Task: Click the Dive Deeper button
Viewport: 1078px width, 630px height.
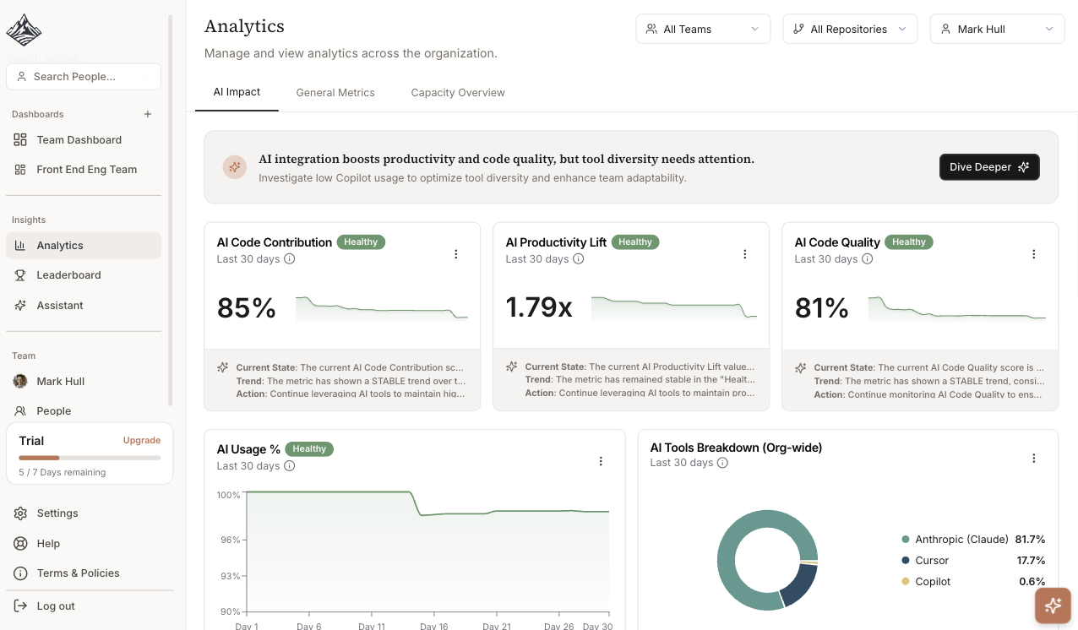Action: point(988,167)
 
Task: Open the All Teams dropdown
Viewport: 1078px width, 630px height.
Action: point(703,29)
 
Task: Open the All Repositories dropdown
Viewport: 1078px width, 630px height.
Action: point(850,29)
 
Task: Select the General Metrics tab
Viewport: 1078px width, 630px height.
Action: point(335,93)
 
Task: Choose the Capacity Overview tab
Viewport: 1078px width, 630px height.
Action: point(458,93)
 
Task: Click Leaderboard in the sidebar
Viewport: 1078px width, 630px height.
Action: point(68,275)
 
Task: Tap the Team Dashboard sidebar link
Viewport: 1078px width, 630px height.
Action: point(79,140)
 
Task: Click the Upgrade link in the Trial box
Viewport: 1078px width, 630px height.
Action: point(142,440)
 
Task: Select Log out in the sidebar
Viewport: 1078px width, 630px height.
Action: point(56,606)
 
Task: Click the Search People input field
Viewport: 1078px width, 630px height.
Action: point(83,77)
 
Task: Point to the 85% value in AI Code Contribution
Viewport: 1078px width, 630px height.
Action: point(247,308)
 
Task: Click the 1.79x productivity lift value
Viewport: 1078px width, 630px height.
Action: point(539,307)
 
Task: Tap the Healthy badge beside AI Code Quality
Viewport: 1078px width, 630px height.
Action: point(909,242)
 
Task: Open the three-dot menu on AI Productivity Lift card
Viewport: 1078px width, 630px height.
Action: point(745,254)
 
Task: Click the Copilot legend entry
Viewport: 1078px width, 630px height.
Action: point(933,582)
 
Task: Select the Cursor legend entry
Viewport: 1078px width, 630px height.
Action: point(931,561)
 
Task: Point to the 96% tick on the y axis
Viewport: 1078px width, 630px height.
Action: point(230,540)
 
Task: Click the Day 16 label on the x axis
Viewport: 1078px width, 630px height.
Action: point(433,626)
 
